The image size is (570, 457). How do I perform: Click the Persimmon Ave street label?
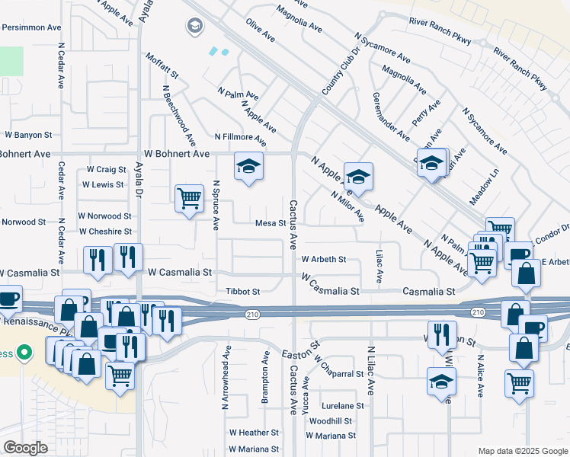[30, 27]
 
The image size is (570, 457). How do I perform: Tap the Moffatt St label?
[162, 66]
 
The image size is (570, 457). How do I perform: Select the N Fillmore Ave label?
[240, 138]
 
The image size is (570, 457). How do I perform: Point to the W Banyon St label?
[26, 135]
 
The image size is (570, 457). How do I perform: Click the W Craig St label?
[106, 169]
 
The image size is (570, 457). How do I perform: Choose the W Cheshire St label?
[106, 232]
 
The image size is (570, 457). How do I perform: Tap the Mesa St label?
[269, 224]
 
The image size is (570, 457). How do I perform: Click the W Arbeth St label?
[324, 259]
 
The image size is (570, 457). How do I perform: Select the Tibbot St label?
[243, 291]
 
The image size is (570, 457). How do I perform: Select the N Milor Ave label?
[347, 206]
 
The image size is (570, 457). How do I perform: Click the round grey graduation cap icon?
[195, 27]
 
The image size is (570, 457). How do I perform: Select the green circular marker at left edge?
[24, 353]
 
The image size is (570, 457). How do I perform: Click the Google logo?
[25, 448]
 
